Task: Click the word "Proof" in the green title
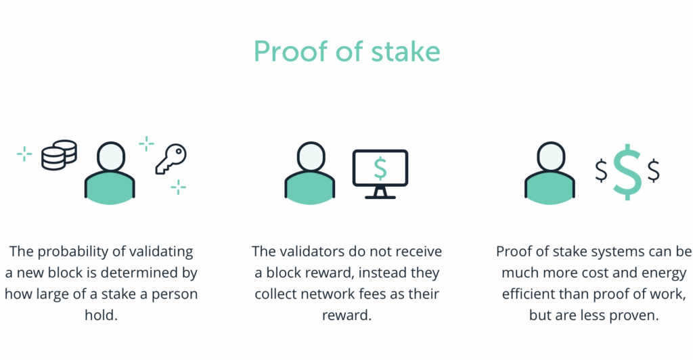pos(292,52)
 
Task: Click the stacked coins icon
pos(60,155)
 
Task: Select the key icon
pos(171,159)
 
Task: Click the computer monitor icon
pos(380,174)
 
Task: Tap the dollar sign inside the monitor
pos(380,168)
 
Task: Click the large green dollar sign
pos(627,172)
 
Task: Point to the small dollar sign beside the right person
pos(601,171)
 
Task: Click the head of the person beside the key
pos(110,156)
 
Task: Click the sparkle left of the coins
pos(24,154)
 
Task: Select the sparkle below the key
pos(178,187)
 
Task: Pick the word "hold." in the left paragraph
pos(102,315)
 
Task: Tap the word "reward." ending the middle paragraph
pos(347,315)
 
